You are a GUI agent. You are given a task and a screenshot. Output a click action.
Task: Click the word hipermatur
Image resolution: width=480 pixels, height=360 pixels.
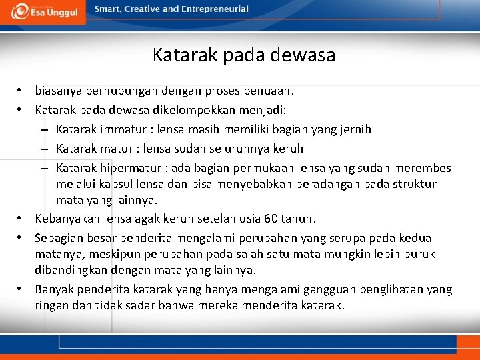(x=132, y=167)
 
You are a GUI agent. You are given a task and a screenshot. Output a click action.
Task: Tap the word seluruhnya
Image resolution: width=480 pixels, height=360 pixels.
(x=241, y=148)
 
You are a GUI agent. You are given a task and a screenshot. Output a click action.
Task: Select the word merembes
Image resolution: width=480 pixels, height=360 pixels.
(x=425, y=167)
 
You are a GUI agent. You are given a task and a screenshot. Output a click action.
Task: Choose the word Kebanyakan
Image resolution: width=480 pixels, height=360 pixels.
(x=66, y=219)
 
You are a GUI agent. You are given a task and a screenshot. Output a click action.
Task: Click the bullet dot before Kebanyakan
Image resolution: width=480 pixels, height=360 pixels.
(x=22, y=219)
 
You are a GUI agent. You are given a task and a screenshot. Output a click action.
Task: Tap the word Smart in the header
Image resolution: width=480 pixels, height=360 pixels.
(x=107, y=9)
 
